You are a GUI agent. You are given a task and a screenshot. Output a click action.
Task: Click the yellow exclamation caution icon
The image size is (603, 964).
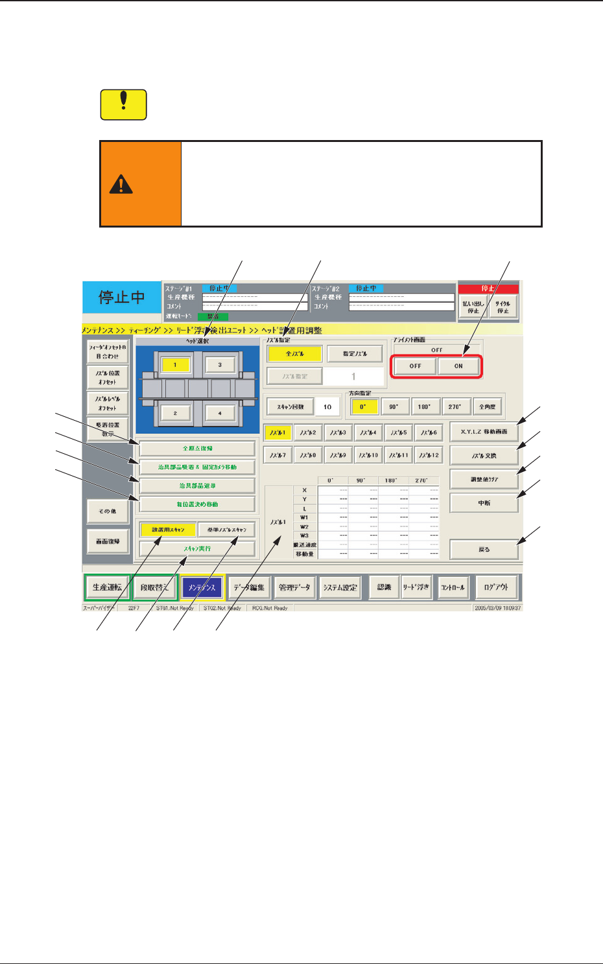(124, 104)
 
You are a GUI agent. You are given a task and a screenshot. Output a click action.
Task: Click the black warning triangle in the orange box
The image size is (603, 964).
(121, 185)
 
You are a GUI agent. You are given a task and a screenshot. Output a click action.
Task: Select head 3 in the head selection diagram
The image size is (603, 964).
(220, 365)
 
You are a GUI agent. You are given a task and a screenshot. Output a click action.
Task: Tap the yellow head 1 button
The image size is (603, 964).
(175, 365)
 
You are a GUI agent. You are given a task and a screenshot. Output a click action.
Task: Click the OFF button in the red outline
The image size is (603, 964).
(415, 366)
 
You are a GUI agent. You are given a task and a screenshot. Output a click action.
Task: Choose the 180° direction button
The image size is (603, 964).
(423, 406)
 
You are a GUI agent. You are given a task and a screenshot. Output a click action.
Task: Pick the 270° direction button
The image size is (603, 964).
(455, 406)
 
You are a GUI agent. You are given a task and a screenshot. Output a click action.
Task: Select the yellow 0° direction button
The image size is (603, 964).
(363, 406)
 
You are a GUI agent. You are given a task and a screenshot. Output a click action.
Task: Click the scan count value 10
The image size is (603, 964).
(327, 406)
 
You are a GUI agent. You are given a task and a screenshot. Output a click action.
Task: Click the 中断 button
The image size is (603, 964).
(484, 503)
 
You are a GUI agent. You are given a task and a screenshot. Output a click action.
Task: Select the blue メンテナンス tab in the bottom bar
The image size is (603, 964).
(202, 587)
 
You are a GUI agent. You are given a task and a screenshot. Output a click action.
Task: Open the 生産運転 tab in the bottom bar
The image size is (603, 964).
(107, 587)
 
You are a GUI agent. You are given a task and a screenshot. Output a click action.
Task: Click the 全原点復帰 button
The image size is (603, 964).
(197, 449)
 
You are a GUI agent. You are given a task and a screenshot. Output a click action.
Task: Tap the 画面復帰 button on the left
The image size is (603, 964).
(108, 541)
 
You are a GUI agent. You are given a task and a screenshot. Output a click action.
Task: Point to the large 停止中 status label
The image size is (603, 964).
(121, 298)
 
